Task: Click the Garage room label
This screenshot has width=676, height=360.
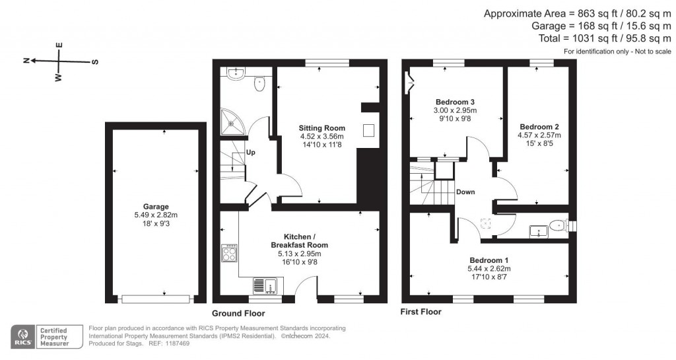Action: pyautogui.click(x=156, y=206)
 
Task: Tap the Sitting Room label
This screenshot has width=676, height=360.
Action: pyautogui.click(x=321, y=127)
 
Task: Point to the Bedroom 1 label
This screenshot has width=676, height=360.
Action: pyautogui.click(x=489, y=260)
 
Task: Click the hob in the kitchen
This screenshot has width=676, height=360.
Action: pyautogui.click(x=229, y=254)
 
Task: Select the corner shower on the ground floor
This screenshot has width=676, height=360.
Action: pyautogui.click(x=231, y=120)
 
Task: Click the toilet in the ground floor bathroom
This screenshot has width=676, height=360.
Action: pyautogui.click(x=259, y=84)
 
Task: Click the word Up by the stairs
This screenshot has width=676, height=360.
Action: pyautogui.click(x=251, y=153)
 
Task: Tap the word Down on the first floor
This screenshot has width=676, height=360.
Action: pyautogui.click(x=465, y=192)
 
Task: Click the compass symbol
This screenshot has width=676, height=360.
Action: pyautogui.click(x=59, y=61)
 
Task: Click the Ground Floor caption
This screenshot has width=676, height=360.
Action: pyautogui.click(x=238, y=313)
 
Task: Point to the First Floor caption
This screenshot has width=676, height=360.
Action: pyautogui.click(x=421, y=311)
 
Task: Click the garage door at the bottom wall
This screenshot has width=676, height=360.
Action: pyautogui.click(x=155, y=299)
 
